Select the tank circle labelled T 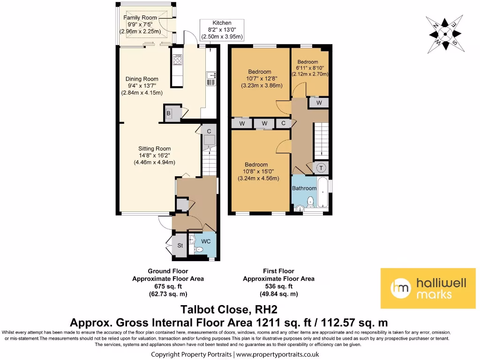click(x=322, y=167)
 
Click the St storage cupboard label click(x=180, y=245)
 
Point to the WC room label click(x=206, y=241)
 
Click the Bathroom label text click(x=305, y=188)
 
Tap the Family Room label click(x=140, y=18)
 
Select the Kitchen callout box click(x=222, y=30)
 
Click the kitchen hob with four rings click(x=178, y=60)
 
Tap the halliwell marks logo click(x=424, y=288)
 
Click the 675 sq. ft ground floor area click(x=168, y=286)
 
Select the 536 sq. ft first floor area click(x=278, y=286)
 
